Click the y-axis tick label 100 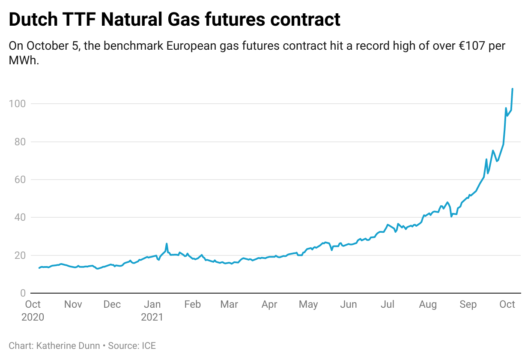17,104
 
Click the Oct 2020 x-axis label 33,310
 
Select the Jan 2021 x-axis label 152,310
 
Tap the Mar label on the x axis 229,305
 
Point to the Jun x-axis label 348,305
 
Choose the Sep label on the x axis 468,305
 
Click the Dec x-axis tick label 112,305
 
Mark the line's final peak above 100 513,89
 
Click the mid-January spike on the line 167,244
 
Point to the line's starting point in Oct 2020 39,268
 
